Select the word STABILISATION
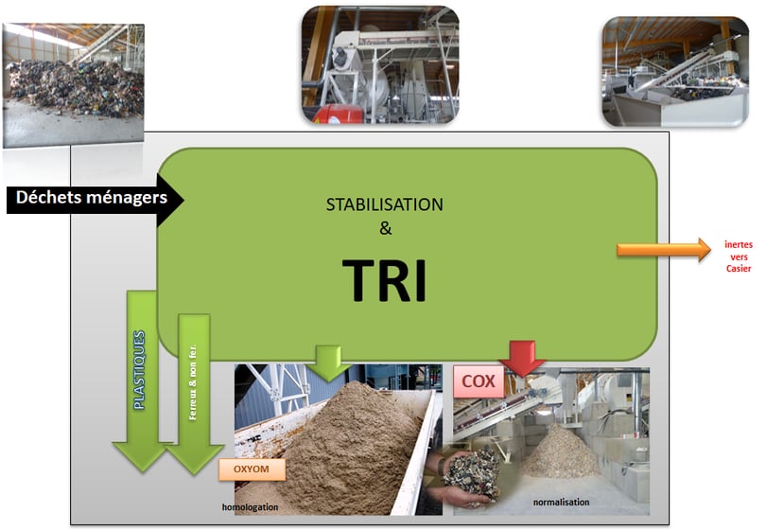pos(384,204)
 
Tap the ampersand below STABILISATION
pos(384,227)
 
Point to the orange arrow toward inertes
pos(663,249)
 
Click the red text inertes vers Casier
pos(739,257)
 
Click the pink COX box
pos(479,382)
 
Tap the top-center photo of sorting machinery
pos(379,64)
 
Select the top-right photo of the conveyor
pos(674,72)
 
